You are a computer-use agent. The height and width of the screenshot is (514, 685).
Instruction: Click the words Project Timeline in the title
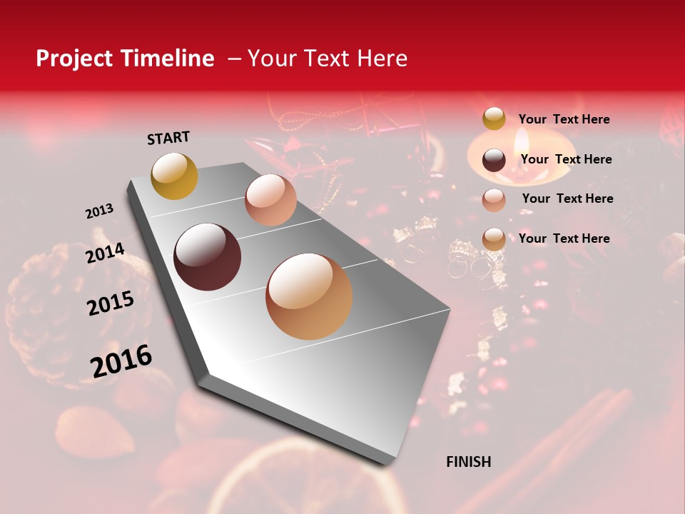click(125, 59)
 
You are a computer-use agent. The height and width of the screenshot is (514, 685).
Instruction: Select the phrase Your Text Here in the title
click(328, 59)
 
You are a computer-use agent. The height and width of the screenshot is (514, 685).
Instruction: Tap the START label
click(168, 138)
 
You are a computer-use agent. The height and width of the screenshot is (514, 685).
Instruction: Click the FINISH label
click(469, 462)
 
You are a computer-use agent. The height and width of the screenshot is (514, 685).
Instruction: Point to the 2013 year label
click(99, 212)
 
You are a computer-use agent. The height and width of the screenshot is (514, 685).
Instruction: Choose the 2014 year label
click(105, 253)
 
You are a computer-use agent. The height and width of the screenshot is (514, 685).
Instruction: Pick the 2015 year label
click(111, 304)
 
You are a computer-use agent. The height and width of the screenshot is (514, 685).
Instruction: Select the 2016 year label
click(121, 361)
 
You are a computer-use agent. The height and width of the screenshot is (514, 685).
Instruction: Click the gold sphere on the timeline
click(174, 176)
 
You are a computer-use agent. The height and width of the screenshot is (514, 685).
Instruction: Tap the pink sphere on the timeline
click(270, 200)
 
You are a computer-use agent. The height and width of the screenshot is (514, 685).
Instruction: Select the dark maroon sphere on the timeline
click(208, 257)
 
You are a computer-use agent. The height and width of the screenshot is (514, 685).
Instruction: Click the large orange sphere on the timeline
click(309, 296)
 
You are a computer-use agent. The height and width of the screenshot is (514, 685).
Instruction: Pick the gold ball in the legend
click(494, 119)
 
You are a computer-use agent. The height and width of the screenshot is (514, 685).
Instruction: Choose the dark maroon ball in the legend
click(494, 160)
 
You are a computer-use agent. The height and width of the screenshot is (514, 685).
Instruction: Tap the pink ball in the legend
click(494, 200)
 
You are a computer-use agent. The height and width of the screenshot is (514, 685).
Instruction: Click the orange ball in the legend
click(494, 239)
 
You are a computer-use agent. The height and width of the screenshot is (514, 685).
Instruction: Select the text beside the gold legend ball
click(564, 119)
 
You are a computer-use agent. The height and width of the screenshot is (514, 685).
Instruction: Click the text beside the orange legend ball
click(564, 238)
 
